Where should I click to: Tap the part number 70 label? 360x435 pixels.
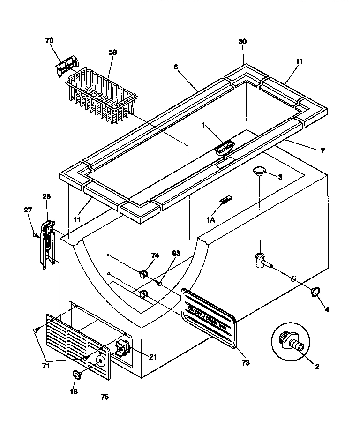50,41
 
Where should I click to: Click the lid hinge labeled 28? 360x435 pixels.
47,244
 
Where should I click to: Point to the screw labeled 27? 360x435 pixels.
35,234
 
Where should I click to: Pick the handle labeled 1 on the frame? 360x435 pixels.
225,147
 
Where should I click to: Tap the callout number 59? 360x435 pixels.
112,52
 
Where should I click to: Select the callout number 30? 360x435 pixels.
242,41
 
